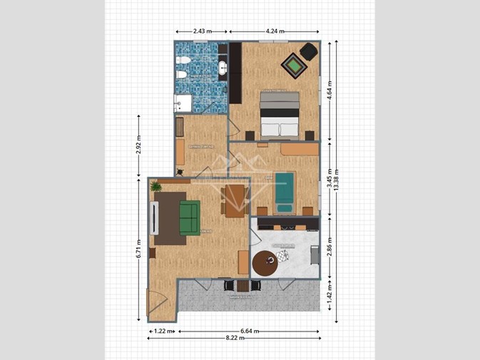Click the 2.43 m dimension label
[x=202, y=31]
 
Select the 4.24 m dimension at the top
[x=274, y=31]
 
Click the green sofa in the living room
[x=189, y=217]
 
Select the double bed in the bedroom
[x=278, y=114]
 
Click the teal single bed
[x=285, y=191]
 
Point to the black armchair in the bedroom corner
[x=308, y=51]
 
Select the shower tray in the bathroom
[x=183, y=103]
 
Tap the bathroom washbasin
[x=223, y=68]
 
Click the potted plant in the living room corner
[x=156, y=186]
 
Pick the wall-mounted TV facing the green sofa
[x=153, y=217]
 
